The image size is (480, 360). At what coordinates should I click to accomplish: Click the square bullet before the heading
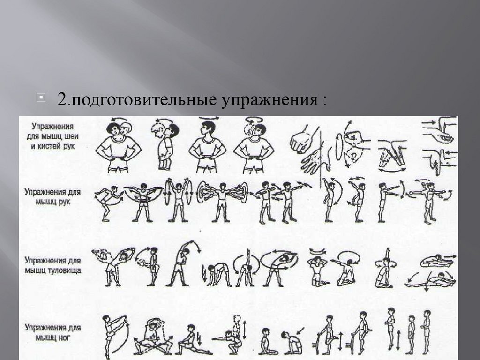(x=41, y=97)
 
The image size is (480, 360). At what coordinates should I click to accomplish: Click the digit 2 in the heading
(x=62, y=99)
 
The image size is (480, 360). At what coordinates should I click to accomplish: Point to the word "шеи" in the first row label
(x=72, y=136)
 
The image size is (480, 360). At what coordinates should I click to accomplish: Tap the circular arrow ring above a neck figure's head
(x=254, y=120)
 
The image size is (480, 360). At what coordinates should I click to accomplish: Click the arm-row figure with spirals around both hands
(x=222, y=201)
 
